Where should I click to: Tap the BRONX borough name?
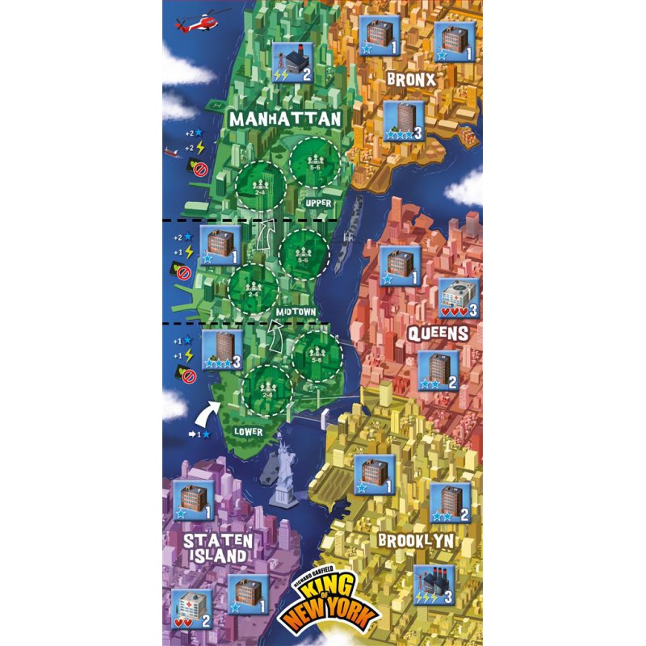click(x=411, y=79)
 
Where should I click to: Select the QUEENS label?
click(x=439, y=333)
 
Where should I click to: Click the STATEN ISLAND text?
click(x=217, y=547)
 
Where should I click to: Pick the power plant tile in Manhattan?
click(x=293, y=62)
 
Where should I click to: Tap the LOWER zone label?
click(x=248, y=432)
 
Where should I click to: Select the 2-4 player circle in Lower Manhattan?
click(x=266, y=390)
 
